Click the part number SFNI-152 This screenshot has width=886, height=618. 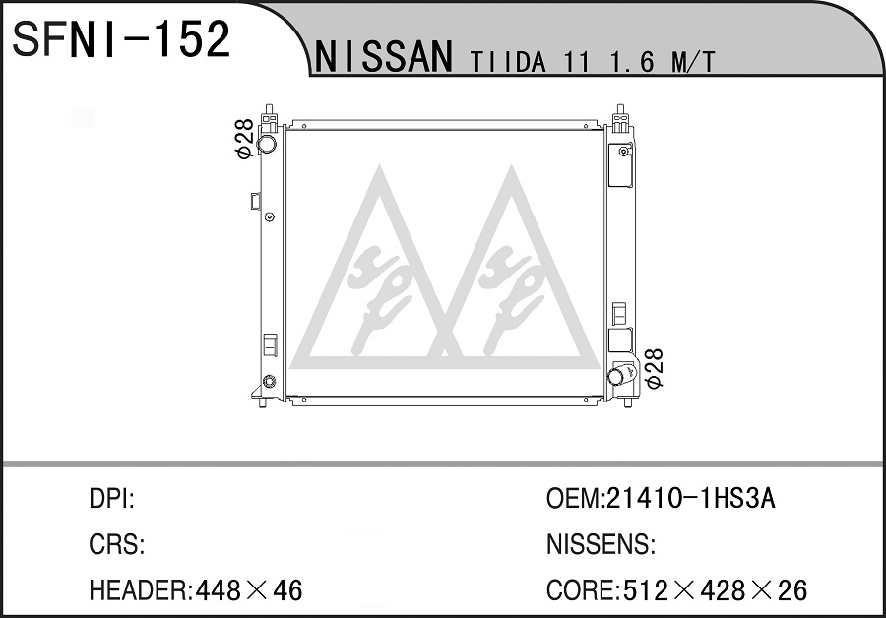[121, 39]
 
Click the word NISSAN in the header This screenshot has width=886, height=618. [385, 57]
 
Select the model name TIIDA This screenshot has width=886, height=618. [509, 62]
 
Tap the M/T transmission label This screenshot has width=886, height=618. [693, 62]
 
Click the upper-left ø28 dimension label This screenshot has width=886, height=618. [244, 139]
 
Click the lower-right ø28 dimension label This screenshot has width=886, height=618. [654, 368]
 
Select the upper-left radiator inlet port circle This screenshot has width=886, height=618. [266, 143]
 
